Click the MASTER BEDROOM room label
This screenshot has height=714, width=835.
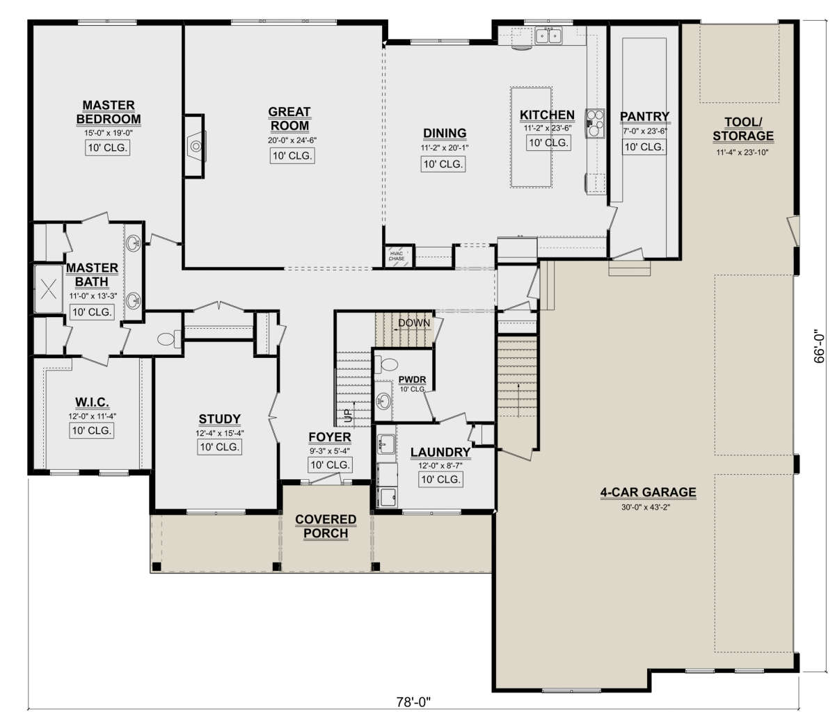click(109, 112)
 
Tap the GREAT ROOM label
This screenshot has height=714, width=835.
click(289, 119)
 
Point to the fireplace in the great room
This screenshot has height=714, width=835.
click(196, 146)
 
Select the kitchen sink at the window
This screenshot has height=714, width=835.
click(548, 36)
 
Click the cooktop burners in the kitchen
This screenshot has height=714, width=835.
click(596, 123)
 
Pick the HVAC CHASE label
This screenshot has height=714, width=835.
click(397, 256)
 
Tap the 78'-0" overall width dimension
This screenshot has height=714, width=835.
click(413, 702)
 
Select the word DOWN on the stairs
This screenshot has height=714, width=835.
click(414, 323)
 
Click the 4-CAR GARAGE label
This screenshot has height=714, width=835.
click(648, 492)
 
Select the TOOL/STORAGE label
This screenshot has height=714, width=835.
click(743, 129)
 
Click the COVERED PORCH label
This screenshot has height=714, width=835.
click(326, 526)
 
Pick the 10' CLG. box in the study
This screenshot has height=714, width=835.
click(219, 447)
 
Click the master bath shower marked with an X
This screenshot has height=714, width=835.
click(48, 289)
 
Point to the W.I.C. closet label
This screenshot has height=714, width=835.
click(92, 403)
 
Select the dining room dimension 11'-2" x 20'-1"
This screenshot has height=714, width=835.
click(445, 147)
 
